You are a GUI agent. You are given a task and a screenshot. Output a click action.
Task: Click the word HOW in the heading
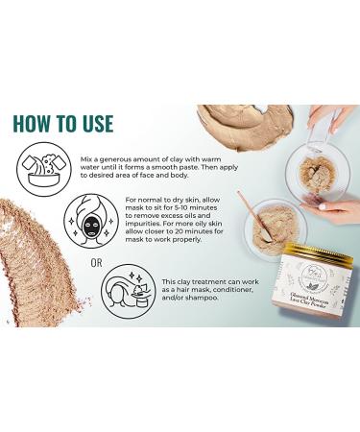(x=35, y=124)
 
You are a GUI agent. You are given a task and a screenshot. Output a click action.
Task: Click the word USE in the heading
(x=94, y=124)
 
